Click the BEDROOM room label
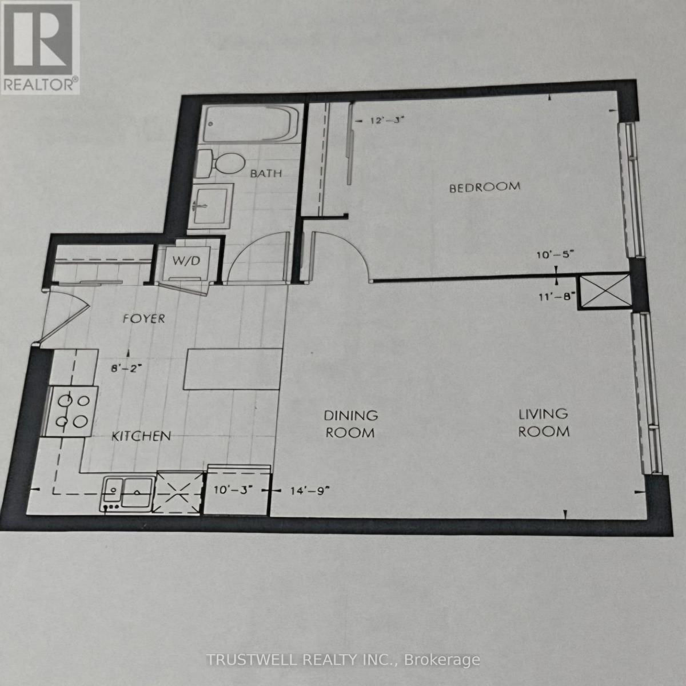pyautogui.click(x=485, y=186)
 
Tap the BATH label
pyautogui.click(x=266, y=173)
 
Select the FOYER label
pyautogui.click(x=144, y=318)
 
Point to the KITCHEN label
pyautogui.click(x=141, y=436)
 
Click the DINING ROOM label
pyautogui.click(x=351, y=424)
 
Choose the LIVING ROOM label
pyautogui.click(x=544, y=422)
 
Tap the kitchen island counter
pyautogui.click(x=232, y=369)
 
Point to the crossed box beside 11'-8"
pyautogui.click(x=604, y=292)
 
